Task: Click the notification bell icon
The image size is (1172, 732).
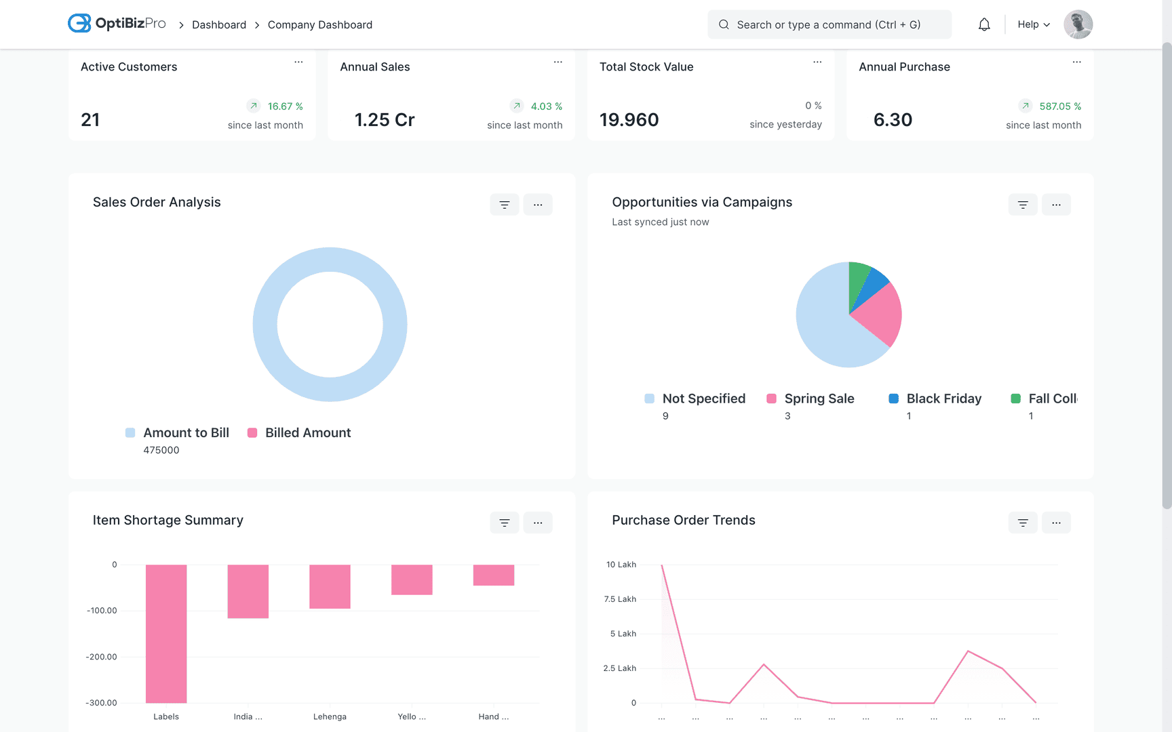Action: pos(984,25)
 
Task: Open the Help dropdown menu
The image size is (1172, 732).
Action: pos(1034,25)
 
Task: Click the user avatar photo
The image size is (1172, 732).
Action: pos(1078,24)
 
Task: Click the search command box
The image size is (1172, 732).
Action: pos(829,25)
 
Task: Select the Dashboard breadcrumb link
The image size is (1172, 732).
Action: pos(218,25)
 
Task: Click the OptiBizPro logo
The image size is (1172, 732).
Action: pos(117,24)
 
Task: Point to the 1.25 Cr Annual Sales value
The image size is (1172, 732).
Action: pos(385,120)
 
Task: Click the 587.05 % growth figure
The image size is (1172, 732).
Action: pos(1059,106)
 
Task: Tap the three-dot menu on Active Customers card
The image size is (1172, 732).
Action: pos(298,62)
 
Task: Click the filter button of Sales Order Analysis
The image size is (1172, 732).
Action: pos(504,205)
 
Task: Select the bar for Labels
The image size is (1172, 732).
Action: pos(166,633)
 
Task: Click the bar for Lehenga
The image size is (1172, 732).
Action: pos(330,586)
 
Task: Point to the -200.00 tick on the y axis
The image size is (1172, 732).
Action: pos(102,657)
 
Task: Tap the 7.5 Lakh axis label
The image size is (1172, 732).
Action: pos(620,599)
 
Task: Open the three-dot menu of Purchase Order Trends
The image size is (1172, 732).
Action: pos(1056,523)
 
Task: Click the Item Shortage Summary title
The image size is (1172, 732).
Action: pos(168,521)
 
